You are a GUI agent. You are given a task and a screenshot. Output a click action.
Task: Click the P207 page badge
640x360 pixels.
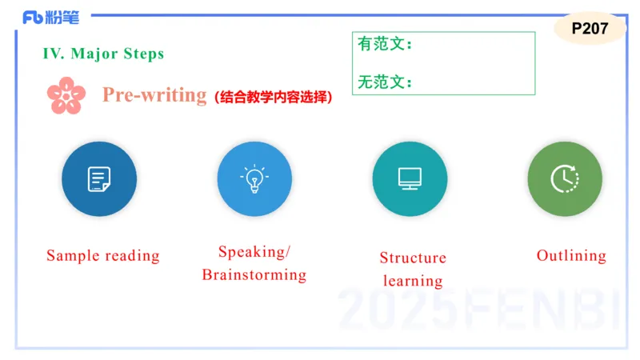pyautogui.click(x=590, y=29)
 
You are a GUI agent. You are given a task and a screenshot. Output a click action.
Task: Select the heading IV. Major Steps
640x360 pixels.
pyautogui.click(x=103, y=54)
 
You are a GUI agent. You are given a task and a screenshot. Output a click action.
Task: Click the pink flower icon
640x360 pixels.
pyautogui.click(x=66, y=95)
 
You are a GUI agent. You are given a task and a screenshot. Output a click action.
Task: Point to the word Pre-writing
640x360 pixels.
pyautogui.click(x=154, y=94)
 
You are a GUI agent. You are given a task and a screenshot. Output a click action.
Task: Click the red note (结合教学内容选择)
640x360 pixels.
pyautogui.click(x=273, y=97)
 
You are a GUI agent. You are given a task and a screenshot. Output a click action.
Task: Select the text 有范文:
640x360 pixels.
pyautogui.click(x=385, y=45)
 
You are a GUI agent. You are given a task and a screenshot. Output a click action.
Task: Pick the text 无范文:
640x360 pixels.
pyautogui.click(x=385, y=82)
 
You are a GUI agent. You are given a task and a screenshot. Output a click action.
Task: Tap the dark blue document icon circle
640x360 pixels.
pyautogui.click(x=99, y=179)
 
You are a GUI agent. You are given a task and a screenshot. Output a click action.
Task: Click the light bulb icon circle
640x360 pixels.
pyautogui.click(x=254, y=179)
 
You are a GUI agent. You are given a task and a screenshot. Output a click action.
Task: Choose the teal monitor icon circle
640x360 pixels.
pyautogui.click(x=410, y=179)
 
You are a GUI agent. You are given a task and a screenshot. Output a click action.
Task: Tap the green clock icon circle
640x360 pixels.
pyautogui.click(x=565, y=179)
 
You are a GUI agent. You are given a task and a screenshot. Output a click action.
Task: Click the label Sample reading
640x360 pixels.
pyautogui.click(x=103, y=256)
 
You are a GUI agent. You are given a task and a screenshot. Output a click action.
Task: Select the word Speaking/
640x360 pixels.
pyautogui.click(x=254, y=252)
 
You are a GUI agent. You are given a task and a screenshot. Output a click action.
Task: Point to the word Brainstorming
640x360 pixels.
pyautogui.click(x=254, y=275)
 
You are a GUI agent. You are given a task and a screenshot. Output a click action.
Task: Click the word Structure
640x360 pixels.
pyautogui.click(x=413, y=258)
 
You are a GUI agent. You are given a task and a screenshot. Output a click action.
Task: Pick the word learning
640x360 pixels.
pyautogui.click(x=413, y=281)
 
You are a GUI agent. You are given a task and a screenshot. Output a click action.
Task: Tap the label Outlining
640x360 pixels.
pyautogui.click(x=571, y=256)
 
